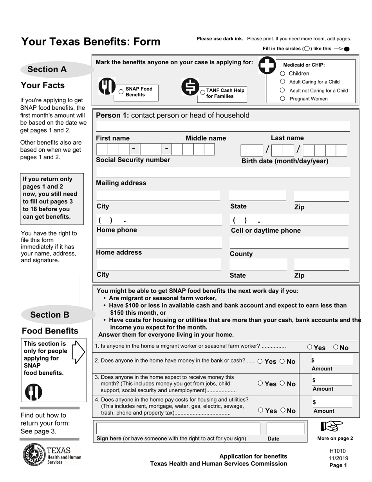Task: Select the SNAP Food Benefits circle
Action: click(x=121, y=92)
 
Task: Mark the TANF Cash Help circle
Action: click(x=202, y=93)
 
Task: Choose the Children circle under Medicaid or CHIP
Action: click(x=282, y=73)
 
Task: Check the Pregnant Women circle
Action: click(x=282, y=99)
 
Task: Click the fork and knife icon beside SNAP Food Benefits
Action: click(x=107, y=87)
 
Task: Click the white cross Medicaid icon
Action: click(x=267, y=65)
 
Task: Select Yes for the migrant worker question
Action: click(x=310, y=347)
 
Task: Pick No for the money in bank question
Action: click(x=282, y=361)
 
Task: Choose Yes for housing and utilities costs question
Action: click(x=261, y=410)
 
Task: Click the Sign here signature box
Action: click(x=178, y=428)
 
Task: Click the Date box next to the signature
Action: click(x=285, y=428)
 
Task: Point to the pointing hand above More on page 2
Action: click(x=332, y=426)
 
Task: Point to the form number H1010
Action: click(x=338, y=451)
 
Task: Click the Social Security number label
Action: click(x=133, y=160)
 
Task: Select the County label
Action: click(x=241, y=254)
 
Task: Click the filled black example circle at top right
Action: click(x=346, y=49)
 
